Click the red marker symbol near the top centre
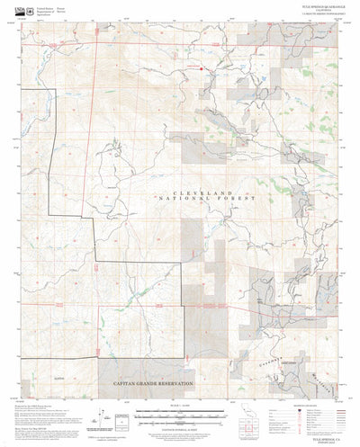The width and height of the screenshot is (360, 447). point(203,68)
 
